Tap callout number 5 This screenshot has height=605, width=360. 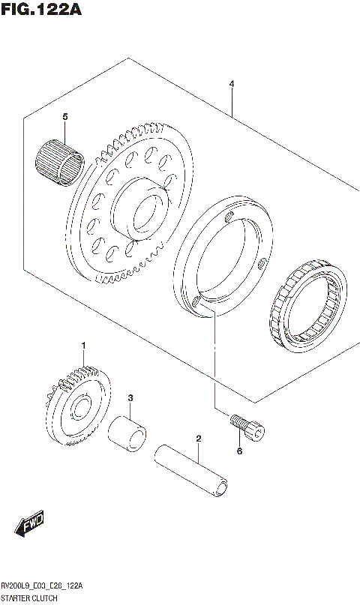(65, 117)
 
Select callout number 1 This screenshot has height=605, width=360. (84, 345)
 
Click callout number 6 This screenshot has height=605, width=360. (239, 451)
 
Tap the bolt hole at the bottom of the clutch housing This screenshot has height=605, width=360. (197, 302)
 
